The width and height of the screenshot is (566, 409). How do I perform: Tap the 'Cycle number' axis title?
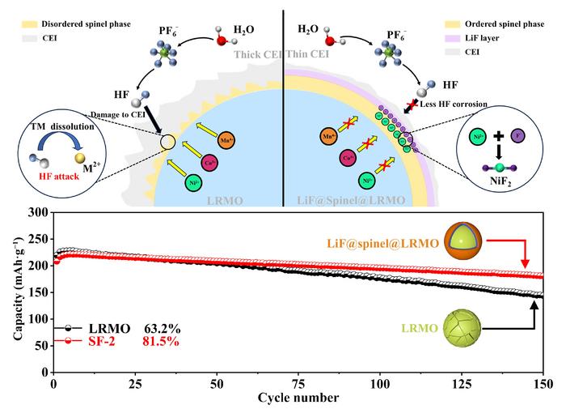(x=298, y=398)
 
